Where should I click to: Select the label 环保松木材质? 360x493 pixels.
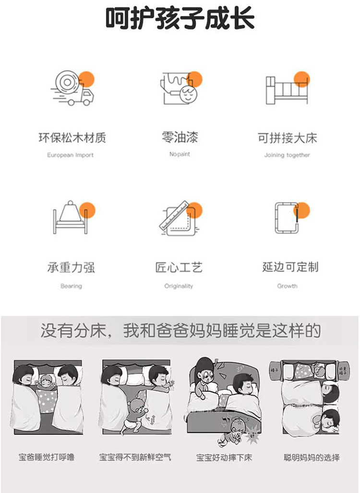[x=72, y=138]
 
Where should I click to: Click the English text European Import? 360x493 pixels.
[x=71, y=155]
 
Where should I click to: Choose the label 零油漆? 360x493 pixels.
[x=180, y=138]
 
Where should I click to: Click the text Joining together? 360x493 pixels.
[x=287, y=155]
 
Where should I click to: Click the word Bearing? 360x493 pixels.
[x=71, y=286]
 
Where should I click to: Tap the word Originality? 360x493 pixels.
[x=179, y=286]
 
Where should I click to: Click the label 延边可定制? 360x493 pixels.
[x=290, y=267]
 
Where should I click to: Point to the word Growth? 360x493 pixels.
[x=287, y=286]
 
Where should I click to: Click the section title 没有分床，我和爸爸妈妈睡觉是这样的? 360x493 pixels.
[x=180, y=331]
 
